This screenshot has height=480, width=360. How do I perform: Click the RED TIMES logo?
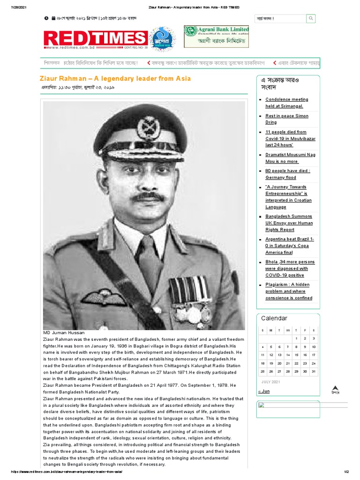95,38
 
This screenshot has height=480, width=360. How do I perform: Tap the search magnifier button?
311,19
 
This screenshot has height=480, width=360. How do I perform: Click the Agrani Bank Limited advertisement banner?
216,37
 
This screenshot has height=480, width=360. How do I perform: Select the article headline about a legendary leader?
115,78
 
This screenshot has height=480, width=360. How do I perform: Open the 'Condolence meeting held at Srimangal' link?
286,103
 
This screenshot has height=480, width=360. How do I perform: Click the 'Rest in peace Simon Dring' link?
286,119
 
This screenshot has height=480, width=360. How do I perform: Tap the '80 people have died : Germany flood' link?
287,174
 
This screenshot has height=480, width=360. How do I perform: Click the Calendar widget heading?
274,318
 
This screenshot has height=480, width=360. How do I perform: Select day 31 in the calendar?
314,371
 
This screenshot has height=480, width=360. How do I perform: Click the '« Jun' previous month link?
264,391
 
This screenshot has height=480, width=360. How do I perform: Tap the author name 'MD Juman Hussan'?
64,333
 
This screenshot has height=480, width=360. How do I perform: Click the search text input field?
280,19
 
